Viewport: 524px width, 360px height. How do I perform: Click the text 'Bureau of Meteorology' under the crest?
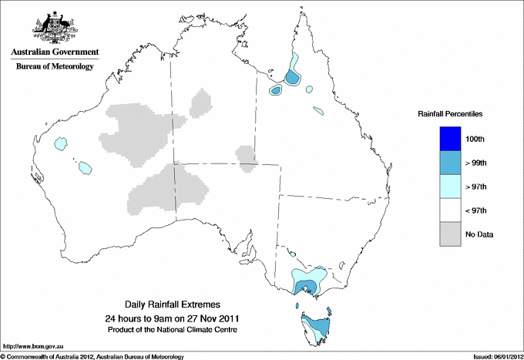click(55, 67)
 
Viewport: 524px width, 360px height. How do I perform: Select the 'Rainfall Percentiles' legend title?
click(450, 113)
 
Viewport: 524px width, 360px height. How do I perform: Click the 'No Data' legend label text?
click(479, 234)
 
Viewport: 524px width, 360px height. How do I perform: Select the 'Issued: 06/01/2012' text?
click(493, 356)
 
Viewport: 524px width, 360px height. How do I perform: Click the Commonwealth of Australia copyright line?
click(92, 356)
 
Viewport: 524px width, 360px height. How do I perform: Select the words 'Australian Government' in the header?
click(55, 52)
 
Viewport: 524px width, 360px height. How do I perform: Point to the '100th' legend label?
click(476, 140)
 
